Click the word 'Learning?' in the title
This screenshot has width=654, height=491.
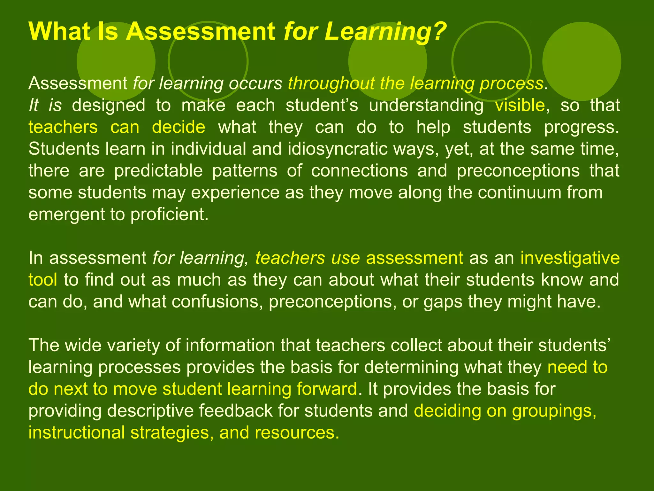(384, 32)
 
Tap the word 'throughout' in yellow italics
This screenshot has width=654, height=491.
(331, 83)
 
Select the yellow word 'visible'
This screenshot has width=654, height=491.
(520, 105)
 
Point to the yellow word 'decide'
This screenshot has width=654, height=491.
(179, 127)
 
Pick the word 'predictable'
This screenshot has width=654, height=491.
(158, 171)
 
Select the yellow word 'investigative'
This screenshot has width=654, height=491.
(570, 258)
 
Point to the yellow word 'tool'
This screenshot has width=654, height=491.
(43, 280)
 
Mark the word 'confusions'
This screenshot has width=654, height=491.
(215, 302)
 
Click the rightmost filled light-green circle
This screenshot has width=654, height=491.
(582, 61)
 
